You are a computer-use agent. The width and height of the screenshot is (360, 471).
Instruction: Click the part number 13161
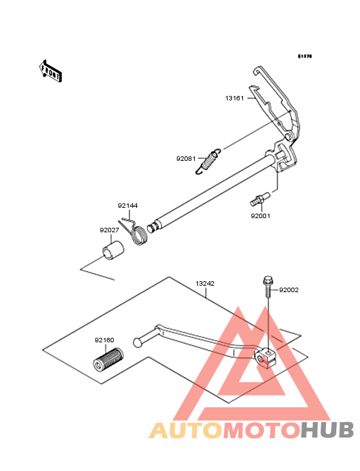point(234,98)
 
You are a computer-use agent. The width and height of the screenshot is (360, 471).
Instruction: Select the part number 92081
point(186,158)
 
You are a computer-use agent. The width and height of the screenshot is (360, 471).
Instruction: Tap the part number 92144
point(127,206)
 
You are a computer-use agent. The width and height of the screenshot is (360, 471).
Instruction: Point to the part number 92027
point(109,230)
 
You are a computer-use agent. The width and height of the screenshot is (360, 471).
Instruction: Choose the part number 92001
point(260,216)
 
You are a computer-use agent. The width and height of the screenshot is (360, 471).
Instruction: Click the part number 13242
point(205,284)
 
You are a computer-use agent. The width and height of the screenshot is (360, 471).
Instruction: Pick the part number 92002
point(289,290)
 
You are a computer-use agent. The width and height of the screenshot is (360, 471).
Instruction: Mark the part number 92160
point(104,340)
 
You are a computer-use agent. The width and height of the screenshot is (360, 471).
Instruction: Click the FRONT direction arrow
point(51,71)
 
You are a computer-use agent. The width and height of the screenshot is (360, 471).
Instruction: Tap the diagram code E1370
point(305,56)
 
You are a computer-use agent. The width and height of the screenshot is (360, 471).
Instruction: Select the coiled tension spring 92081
point(208,162)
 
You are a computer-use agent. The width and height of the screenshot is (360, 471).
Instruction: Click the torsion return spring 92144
point(134,231)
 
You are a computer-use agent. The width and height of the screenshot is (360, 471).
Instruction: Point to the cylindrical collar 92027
point(113,250)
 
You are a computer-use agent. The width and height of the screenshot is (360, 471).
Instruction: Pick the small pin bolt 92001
point(260,199)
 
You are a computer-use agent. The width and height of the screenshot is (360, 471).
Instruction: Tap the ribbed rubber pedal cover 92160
point(108,358)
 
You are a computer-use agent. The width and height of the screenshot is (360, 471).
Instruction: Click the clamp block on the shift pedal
point(265,357)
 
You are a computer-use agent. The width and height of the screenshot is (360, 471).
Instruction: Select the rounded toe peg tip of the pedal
point(137,342)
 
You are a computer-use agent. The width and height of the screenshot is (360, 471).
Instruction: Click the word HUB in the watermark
point(328,430)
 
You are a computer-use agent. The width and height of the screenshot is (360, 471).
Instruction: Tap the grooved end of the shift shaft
point(153,228)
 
